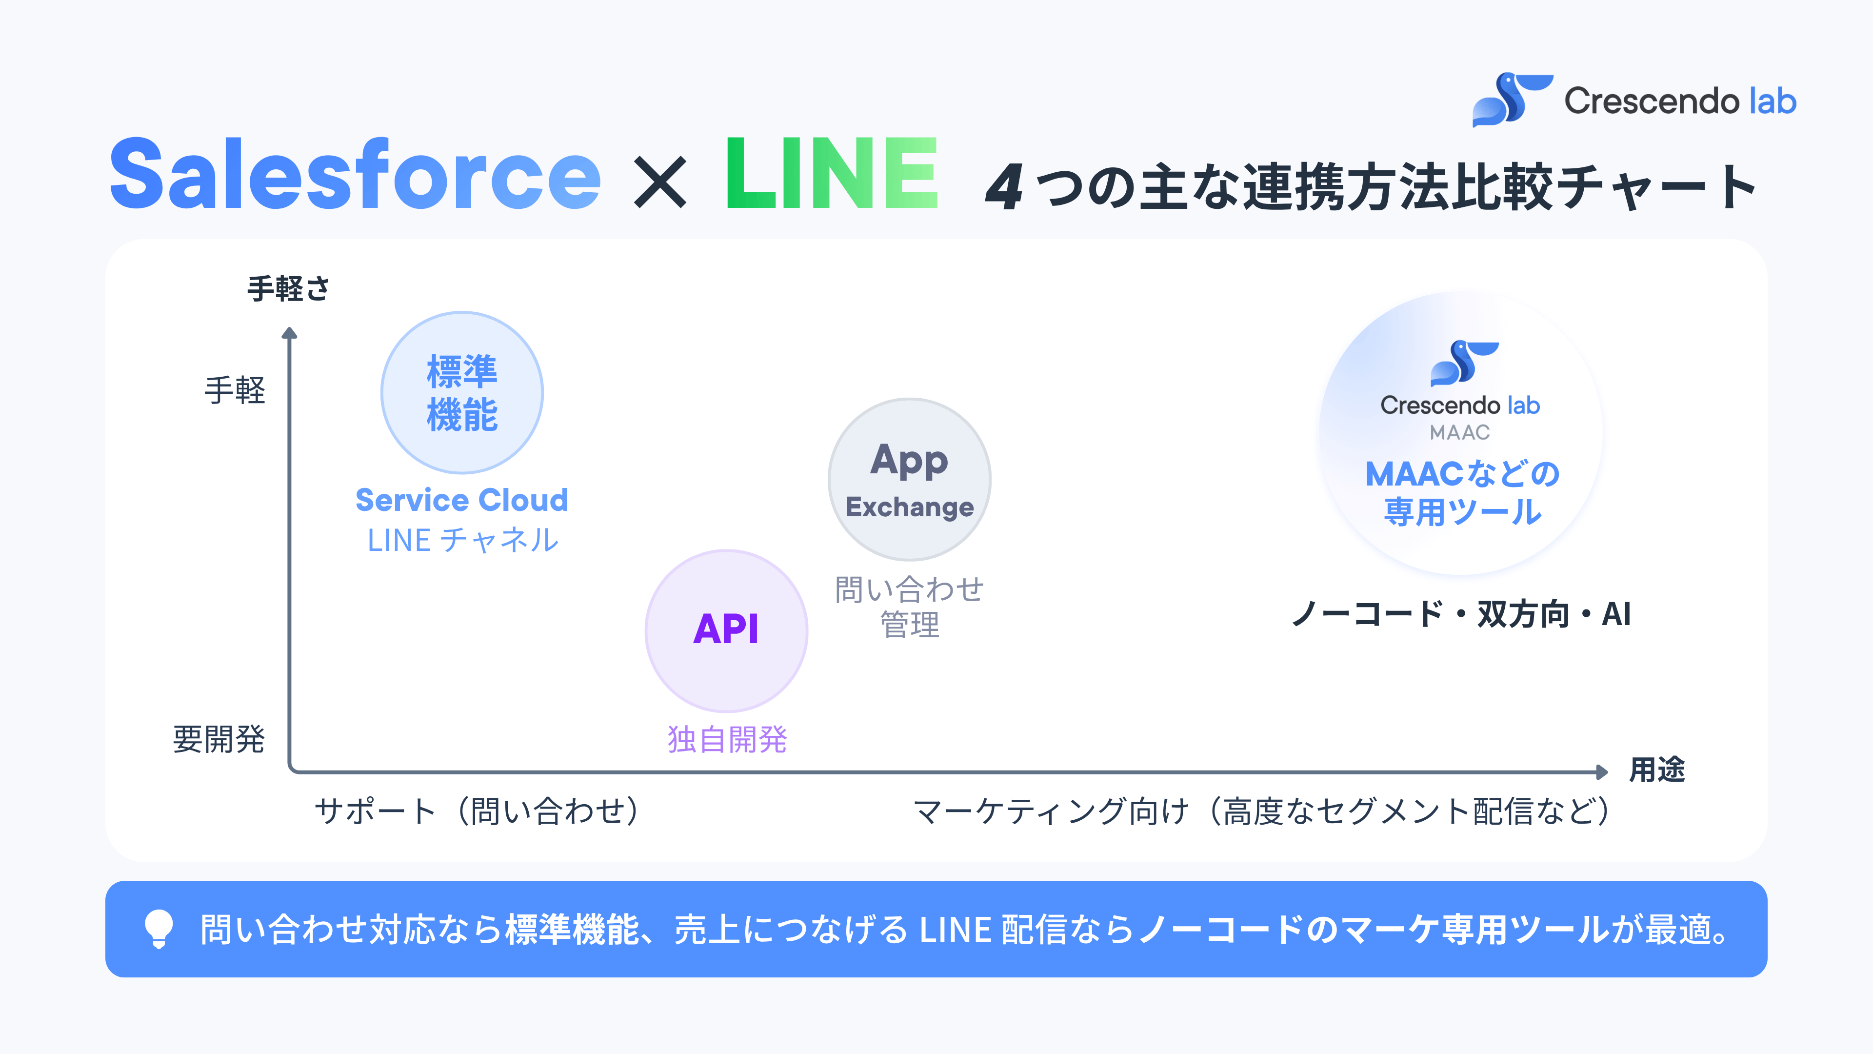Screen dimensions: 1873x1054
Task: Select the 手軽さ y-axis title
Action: pos(289,289)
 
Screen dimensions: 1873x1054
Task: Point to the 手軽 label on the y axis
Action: pos(235,390)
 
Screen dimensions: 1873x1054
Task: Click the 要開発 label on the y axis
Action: pos(219,739)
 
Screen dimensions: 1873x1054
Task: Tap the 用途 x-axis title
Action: pos(1657,770)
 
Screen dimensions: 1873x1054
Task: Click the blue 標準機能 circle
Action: pos(462,393)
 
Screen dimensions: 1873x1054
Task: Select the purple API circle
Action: pos(726,630)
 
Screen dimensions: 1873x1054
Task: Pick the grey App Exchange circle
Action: pos(910,479)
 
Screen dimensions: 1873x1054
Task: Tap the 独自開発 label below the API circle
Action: pos(727,739)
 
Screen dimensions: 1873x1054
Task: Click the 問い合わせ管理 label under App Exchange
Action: pos(910,607)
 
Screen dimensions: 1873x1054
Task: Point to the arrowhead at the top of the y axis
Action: pos(289,333)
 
